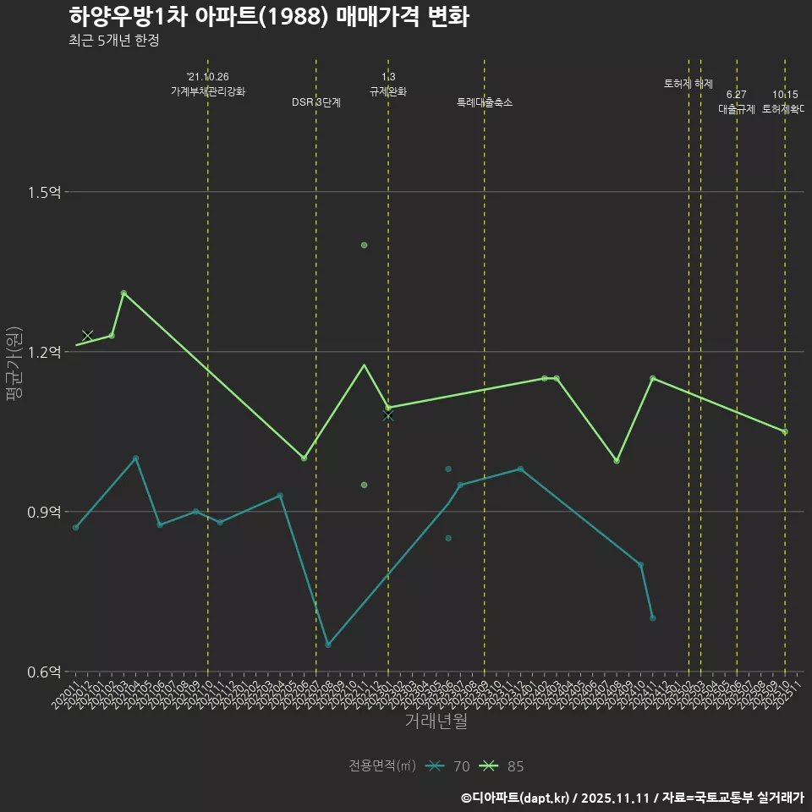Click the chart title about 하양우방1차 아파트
pyautogui.click(x=268, y=17)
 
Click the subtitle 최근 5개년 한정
pyautogui.click(x=114, y=41)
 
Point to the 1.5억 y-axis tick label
pyautogui.click(x=45, y=193)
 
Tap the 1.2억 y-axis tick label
pyautogui.click(x=45, y=353)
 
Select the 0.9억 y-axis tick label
pyautogui.click(x=45, y=513)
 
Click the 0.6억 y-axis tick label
pyautogui.click(x=45, y=672)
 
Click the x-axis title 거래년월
pyautogui.click(x=436, y=721)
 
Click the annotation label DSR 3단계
pyautogui.click(x=315, y=102)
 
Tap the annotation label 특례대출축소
pyautogui.click(x=484, y=102)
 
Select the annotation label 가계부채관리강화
pyautogui.click(x=207, y=91)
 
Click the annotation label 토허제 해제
pyautogui.click(x=688, y=84)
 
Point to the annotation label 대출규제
pyautogui.click(x=736, y=109)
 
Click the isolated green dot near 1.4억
pyautogui.click(x=364, y=245)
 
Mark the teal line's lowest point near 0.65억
pyautogui.click(x=328, y=645)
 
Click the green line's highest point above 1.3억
pyautogui.click(x=123, y=294)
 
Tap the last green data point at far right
pyautogui.click(x=785, y=432)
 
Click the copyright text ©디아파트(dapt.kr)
pyautogui.click(x=517, y=798)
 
